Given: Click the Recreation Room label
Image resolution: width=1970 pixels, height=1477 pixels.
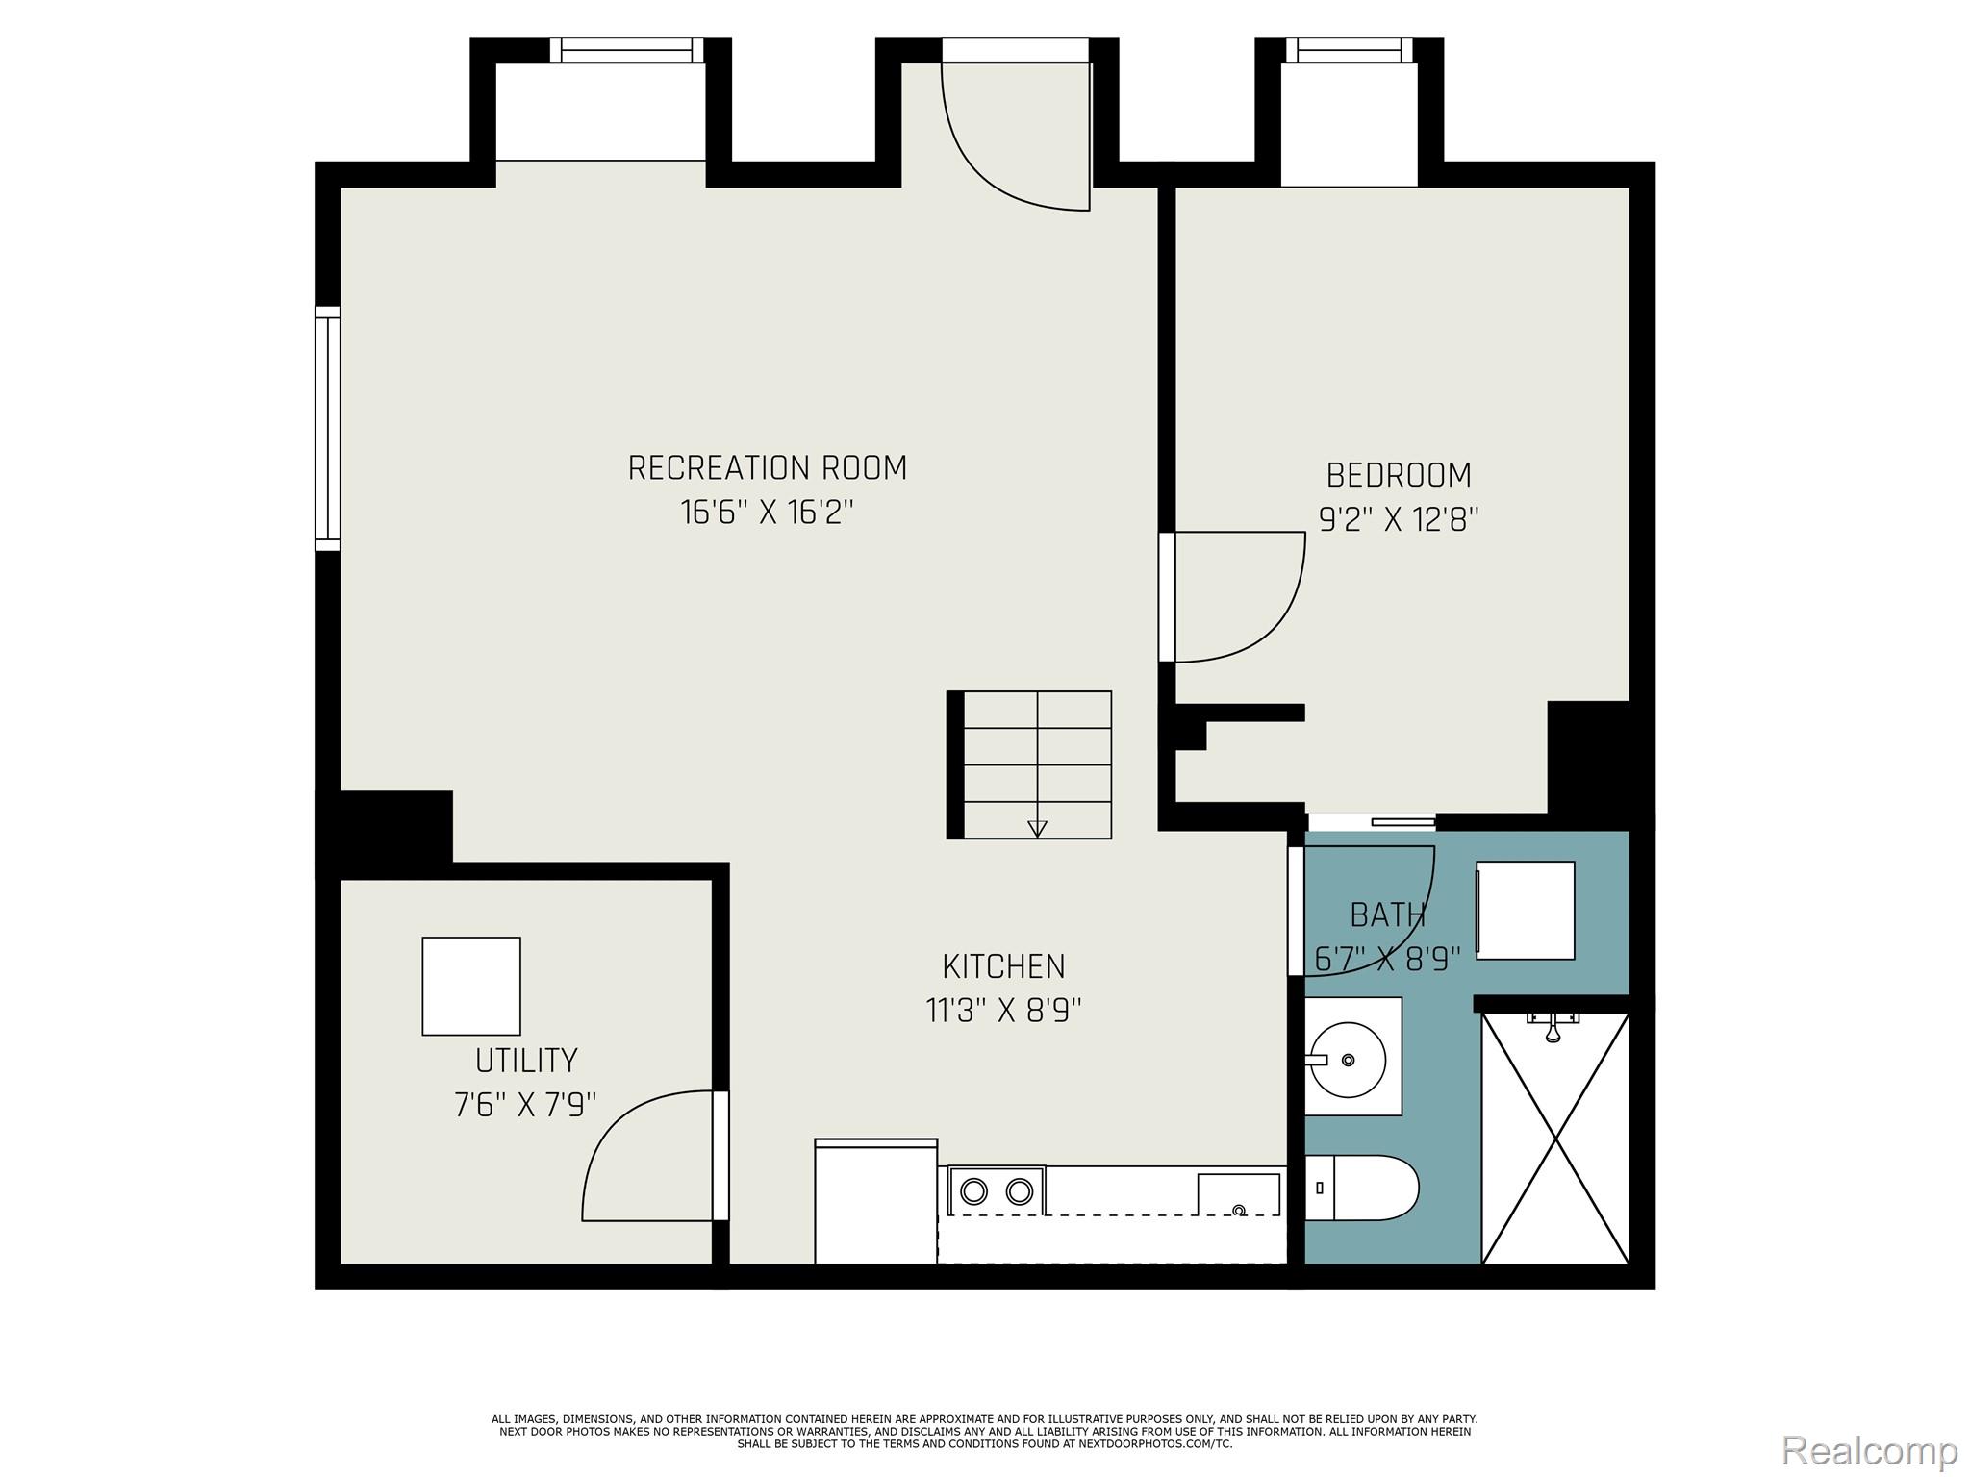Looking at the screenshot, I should [767, 468].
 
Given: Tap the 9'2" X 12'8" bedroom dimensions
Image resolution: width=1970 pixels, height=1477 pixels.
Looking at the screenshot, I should [1398, 520].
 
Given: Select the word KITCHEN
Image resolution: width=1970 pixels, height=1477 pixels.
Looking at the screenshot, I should [1003, 965].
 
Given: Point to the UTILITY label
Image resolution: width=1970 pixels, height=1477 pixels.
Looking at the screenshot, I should [526, 1061].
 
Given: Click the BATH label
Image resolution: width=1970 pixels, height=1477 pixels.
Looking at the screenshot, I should [1387, 914].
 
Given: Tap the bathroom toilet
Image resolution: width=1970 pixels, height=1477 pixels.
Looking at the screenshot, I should [1361, 1189].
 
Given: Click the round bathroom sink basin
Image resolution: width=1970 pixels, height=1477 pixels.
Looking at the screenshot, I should [1349, 1060].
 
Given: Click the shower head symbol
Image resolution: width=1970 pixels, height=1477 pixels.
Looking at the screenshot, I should [1553, 1029].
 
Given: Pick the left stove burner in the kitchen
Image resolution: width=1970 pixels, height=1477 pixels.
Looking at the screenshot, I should [974, 1191].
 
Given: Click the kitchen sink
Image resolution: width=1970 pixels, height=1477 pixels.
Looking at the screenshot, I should [1238, 1195].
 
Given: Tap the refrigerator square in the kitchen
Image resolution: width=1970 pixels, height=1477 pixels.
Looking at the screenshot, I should [875, 1202].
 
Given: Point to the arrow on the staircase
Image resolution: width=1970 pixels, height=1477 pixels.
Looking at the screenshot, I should [1037, 828].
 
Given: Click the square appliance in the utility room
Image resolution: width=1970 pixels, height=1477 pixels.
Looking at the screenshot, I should [471, 986].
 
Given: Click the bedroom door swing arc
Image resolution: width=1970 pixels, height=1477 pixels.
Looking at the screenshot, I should [1250, 606].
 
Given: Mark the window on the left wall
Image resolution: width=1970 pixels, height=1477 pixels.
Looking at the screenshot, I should [328, 429].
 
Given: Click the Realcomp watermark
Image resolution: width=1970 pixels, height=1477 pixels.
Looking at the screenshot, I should [1869, 1449].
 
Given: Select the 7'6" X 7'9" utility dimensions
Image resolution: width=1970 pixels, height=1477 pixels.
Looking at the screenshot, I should [525, 1105].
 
